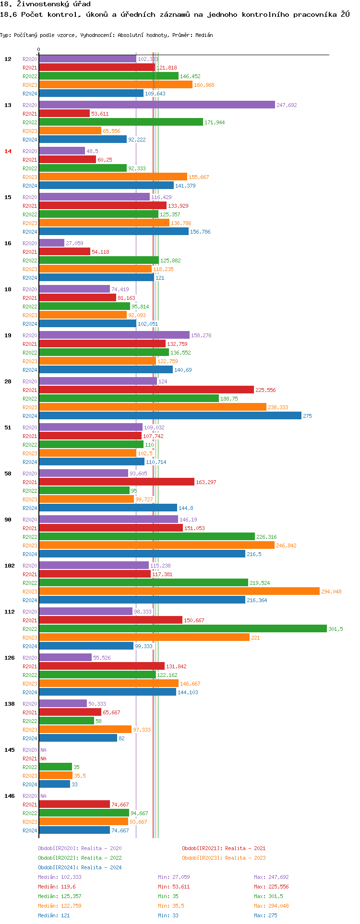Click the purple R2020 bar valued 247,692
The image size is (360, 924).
(156, 105)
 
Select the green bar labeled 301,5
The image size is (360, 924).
(182, 629)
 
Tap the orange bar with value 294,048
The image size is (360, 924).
(179, 592)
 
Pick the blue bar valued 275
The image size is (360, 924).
(170, 416)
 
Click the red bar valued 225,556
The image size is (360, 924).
(146, 390)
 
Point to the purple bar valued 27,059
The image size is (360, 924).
(51, 243)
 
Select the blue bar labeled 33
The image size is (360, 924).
(54, 784)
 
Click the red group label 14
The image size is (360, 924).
(8, 151)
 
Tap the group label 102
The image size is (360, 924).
(10, 566)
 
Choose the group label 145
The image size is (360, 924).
(10, 750)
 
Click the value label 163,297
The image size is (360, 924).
(206, 482)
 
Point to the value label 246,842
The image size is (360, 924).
(286, 545)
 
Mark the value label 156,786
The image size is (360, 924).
(200, 232)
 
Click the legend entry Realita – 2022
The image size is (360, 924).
(80, 858)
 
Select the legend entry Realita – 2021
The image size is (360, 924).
(224, 848)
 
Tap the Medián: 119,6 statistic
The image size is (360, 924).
(57, 887)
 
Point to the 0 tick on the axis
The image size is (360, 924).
(39, 49)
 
